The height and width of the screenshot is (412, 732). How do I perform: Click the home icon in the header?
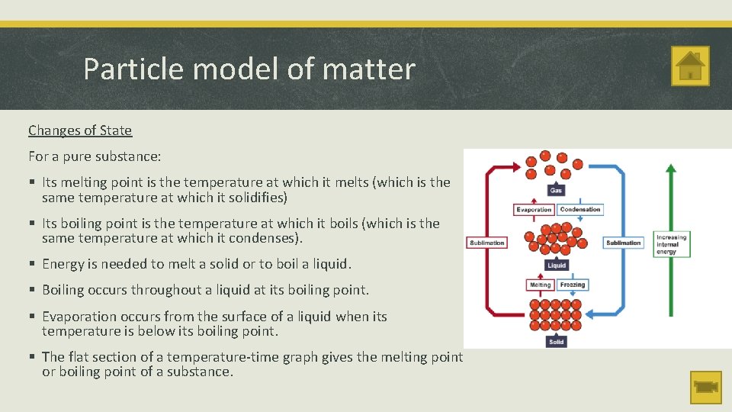click(690, 66)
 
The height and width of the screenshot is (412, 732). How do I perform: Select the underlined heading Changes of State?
click(80, 130)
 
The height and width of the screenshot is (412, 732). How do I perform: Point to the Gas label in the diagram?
click(557, 189)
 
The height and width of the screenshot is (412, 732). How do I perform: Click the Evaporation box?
click(534, 210)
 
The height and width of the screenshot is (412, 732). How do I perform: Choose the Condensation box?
click(579, 210)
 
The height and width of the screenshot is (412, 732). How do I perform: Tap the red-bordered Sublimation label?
click(486, 243)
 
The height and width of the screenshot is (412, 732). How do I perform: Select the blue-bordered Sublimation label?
click(624, 243)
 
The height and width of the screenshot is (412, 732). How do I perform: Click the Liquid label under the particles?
click(557, 266)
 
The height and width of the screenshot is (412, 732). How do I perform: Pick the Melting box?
click(540, 285)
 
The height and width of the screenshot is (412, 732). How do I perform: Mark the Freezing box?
click(572, 285)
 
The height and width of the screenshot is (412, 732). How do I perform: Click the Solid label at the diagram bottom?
click(557, 342)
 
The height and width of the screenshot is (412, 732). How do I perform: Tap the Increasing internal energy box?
click(671, 244)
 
